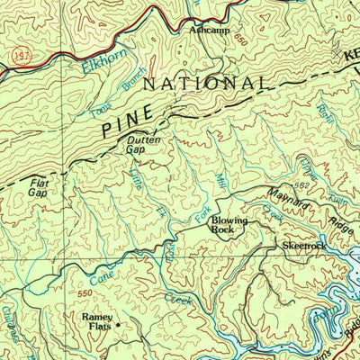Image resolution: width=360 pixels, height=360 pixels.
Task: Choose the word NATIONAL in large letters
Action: pos(207,84)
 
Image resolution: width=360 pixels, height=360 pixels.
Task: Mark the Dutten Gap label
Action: pos(144,145)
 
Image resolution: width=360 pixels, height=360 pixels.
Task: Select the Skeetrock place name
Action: pos(300,245)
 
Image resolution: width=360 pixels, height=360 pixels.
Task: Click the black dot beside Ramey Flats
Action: pos(117,321)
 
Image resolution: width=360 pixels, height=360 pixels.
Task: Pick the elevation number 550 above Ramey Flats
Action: pos(85,294)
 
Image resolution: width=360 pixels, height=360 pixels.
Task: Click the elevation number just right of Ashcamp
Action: pos(238,40)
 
